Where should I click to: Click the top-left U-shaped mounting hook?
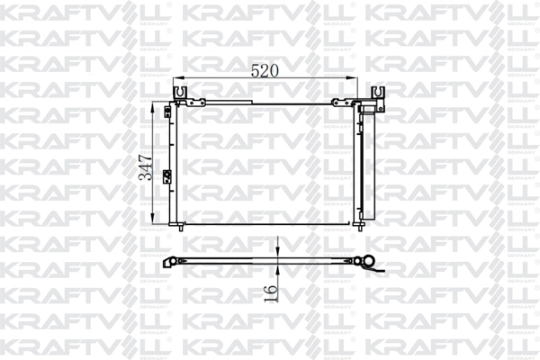(x=180, y=92)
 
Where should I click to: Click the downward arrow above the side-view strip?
(x=279, y=250)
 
